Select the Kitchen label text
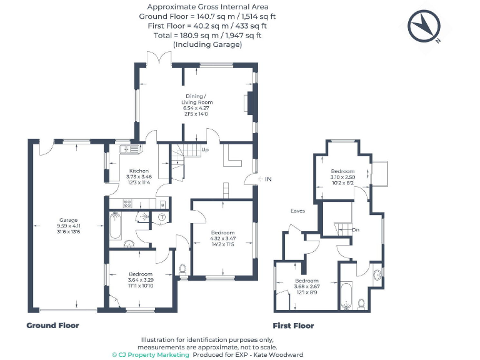pyautogui.click(x=139, y=171)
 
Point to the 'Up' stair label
pyautogui.click(x=204, y=150)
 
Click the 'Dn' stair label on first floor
pyautogui.click(x=356, y=230)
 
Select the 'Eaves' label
pyautogui.click(x=297, y=211)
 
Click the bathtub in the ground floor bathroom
pyautogui.click(x=116, y=226)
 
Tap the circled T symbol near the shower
pyautogui.click(x=161, y=217)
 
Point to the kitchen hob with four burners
pyautogui.click(x=127, y=202)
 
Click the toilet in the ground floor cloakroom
pyautogui.click(x=182, y=270)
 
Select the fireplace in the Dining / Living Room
pyautogui.click(x=251, y=101)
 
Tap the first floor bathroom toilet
pyautogui.click(x=361, y=304)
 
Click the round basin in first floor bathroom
pyautogui.click(x=377, y=275)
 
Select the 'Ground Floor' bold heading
pyautogui.click(x=52, y=326)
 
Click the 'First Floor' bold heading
pyautogui.click(x=293, y=326)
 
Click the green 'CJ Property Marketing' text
pyautogui.click(x=151, y=354)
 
